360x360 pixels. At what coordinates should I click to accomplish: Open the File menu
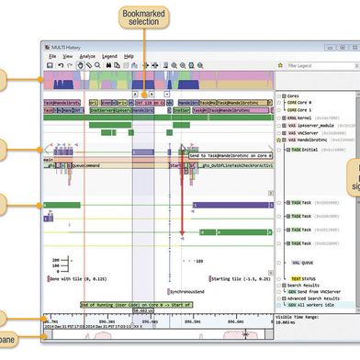click(52, 56)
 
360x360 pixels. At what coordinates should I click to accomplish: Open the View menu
click(68, 56)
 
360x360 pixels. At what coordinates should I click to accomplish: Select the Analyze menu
click(88, 56)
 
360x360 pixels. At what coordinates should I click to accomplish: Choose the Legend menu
click(110, 56)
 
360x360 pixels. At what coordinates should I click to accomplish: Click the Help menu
click(129, 56)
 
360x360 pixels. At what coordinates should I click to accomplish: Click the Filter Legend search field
click(317, 65)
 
